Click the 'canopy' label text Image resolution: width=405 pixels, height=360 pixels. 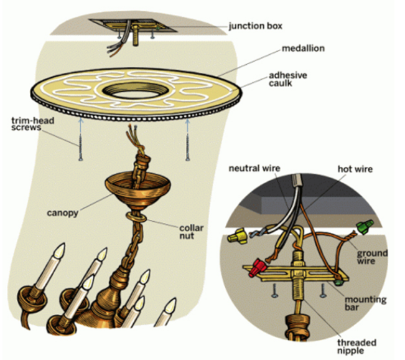pos(62,213)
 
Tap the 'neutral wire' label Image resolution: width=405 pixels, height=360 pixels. pos(256,168)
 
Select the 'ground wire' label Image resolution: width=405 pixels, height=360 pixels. pos(372,258)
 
